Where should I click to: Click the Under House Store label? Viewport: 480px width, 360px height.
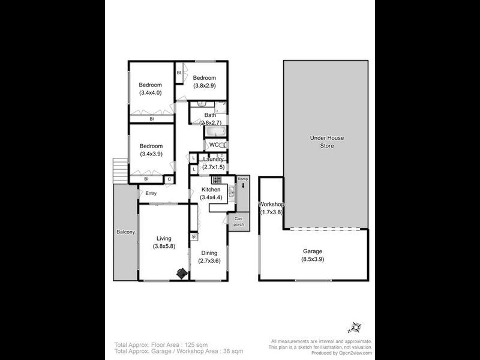326,141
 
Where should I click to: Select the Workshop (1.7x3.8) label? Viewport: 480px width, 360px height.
271,208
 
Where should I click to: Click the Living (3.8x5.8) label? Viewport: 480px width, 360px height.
163,242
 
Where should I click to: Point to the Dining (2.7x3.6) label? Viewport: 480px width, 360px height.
209,256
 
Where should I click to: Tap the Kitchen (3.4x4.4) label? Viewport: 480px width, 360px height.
211,193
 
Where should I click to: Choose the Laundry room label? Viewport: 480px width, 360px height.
213,163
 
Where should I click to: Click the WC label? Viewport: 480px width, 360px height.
214,145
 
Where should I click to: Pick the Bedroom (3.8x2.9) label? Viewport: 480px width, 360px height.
204,82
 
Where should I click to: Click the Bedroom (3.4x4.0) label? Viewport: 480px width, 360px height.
151,89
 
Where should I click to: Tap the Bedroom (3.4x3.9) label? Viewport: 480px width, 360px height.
151,149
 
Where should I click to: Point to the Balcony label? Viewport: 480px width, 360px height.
126,232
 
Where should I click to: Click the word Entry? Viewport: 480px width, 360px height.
151,193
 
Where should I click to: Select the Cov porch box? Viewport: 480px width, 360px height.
239,222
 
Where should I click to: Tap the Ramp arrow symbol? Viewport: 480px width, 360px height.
242,186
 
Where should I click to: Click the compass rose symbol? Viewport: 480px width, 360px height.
353,327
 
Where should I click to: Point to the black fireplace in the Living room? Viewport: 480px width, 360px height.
181,274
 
